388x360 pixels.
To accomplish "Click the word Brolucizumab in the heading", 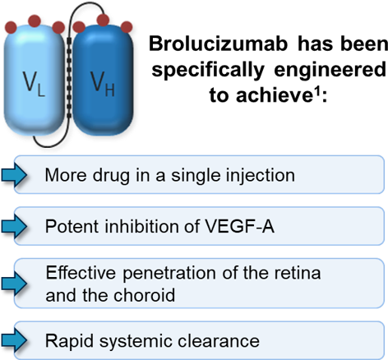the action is (218, 44).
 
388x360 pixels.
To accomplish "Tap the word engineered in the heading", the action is (330, 69).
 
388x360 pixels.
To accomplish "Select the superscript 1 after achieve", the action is (317, 90).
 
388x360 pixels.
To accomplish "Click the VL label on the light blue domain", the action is (34, 84).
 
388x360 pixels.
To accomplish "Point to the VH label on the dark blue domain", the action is (102, 84).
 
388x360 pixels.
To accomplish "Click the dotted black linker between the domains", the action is (69, 80).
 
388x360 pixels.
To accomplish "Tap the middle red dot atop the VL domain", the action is (35, 21).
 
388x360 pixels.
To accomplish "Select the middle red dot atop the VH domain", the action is (103, 20).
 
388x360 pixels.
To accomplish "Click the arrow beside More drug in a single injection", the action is (14, 175).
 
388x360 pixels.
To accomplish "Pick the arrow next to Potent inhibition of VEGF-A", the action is (14, 227).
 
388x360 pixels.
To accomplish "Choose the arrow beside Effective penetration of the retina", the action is (14, 284).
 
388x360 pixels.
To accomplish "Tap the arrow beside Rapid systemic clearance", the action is (14, 340).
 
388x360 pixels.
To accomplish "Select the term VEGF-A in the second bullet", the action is (239, 227).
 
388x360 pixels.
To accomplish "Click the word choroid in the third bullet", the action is (144, 295).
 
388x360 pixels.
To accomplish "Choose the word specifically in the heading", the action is (208, 70).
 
